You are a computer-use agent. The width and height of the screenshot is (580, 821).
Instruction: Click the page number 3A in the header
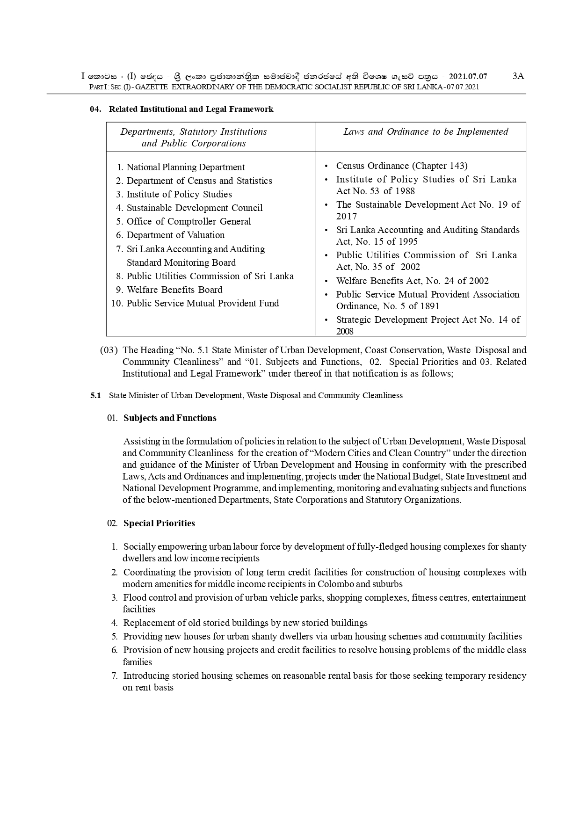[518, 76]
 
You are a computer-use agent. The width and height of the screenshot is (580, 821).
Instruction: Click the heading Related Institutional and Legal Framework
[191, 109]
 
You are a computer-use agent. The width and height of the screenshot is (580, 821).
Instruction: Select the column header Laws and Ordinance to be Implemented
[426, 131]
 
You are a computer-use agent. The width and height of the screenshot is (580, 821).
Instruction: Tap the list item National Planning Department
[185, 167]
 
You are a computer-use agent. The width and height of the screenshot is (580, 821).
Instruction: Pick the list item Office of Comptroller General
[188, 221]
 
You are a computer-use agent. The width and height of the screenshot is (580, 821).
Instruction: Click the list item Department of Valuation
[175, 235]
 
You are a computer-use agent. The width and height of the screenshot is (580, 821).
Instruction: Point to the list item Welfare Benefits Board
[174, 290]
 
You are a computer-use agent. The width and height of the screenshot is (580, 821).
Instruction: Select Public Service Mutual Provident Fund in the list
[203, 303]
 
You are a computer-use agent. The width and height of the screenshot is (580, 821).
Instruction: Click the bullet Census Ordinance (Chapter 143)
[401, 166]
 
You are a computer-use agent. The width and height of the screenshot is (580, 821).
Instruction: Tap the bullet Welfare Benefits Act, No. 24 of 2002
[412, 281]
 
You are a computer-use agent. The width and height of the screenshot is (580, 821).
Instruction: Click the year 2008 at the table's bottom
[345, 331]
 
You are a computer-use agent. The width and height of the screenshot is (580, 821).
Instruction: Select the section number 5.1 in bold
[95, 395]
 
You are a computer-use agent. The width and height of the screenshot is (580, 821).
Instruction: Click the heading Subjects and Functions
[170, 418]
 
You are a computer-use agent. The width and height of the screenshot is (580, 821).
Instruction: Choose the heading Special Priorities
[159, 523]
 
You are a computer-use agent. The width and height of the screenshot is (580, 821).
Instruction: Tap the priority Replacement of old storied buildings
[245, 623]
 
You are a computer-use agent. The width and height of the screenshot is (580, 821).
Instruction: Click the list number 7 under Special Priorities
[114, 676]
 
